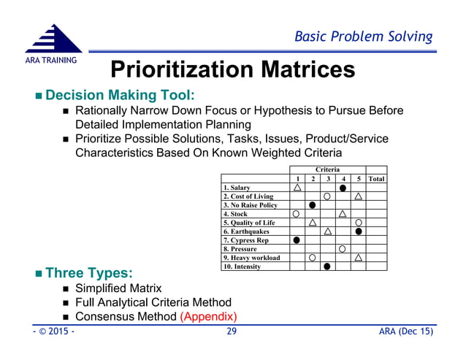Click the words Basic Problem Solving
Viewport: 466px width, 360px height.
362,37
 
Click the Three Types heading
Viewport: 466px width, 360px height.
88,273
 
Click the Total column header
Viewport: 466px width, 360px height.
376,179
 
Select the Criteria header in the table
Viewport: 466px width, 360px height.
327,169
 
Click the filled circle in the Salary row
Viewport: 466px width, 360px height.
343,188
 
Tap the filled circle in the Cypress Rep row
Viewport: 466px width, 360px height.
297,240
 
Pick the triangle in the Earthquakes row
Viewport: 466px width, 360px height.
327,231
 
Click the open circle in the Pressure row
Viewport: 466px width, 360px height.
343,249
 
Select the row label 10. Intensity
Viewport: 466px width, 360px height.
242,267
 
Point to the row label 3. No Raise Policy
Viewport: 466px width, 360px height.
251,205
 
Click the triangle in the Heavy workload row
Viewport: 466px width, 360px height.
358,258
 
